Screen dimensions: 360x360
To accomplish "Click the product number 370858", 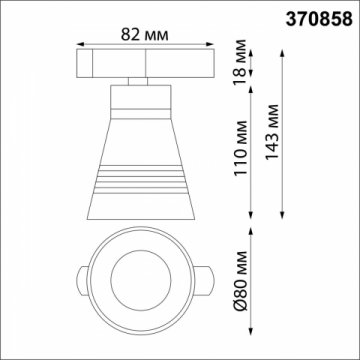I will (x=317, y=17).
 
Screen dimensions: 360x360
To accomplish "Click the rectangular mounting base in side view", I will (x=142, y=61).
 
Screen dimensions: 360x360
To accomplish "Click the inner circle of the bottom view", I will (x=142, y=275).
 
